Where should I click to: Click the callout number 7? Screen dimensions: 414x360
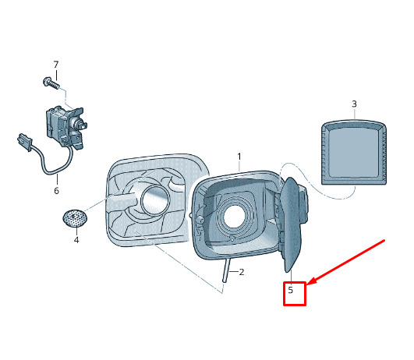[56, 65]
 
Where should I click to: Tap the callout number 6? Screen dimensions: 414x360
[56, 191]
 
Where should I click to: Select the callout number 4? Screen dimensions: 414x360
[76, 240]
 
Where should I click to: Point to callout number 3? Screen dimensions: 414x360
[354, 104]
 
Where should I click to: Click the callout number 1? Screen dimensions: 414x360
[239, 157]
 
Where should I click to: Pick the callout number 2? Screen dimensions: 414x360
[242, 272]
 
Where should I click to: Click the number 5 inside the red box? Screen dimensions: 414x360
[291, 290]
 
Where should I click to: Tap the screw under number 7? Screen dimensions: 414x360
[51, 83]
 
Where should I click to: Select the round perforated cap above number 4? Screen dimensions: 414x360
[75, 218]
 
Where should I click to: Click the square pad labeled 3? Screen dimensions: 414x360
[354, 152]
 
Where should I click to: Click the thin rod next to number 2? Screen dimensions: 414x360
[226, 270]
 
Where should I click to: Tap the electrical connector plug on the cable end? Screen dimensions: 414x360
[24, 142]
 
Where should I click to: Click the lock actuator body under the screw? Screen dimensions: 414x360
[66, 127]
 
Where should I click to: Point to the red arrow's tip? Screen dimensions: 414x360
[308, 284]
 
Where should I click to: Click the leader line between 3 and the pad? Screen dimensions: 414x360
[354, 114]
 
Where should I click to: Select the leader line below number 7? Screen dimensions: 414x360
[56, 75]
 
